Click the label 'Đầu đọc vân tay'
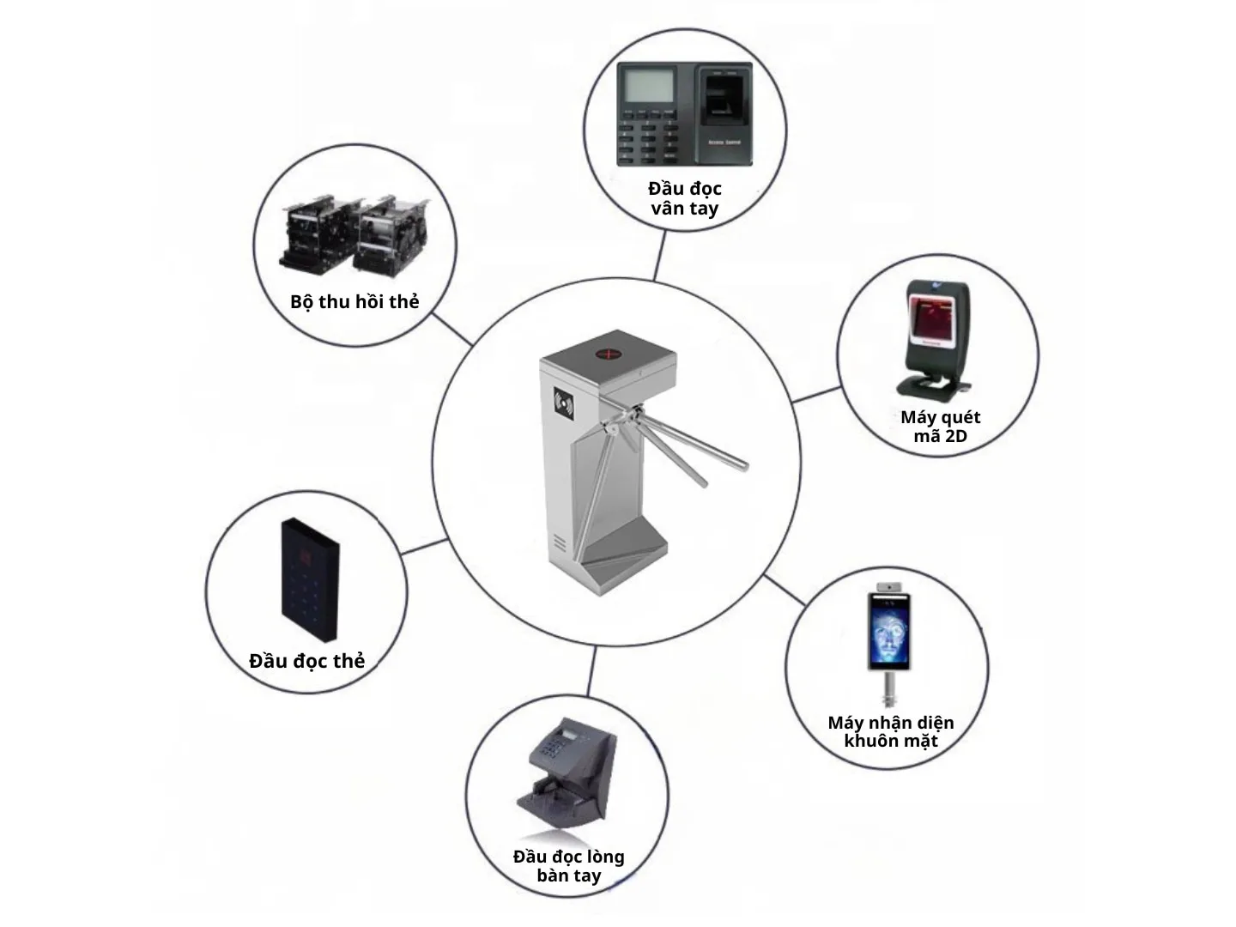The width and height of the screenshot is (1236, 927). click(x=684, y=198)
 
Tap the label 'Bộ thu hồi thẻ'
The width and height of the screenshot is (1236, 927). click(x=354, y=302)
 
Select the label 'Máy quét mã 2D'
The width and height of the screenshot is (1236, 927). click(x=940, y=427)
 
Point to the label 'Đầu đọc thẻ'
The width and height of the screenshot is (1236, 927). click(x=306, y=661)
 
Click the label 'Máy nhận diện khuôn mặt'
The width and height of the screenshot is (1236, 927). click(x=890, y=732)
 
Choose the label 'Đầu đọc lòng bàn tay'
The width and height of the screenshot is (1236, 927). click(x=568, y=866)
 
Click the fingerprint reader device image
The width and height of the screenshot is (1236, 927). click(x=684, y=114)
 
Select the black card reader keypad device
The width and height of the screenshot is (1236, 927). click(x=310, y=579)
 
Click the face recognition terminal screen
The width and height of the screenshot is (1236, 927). click(x=888, y=631)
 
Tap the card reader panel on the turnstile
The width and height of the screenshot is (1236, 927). click(x=565, y=402)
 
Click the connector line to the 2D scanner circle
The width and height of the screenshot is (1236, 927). click(x=816, y=395)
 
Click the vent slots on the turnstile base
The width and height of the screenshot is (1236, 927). click(x=560, y=543)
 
